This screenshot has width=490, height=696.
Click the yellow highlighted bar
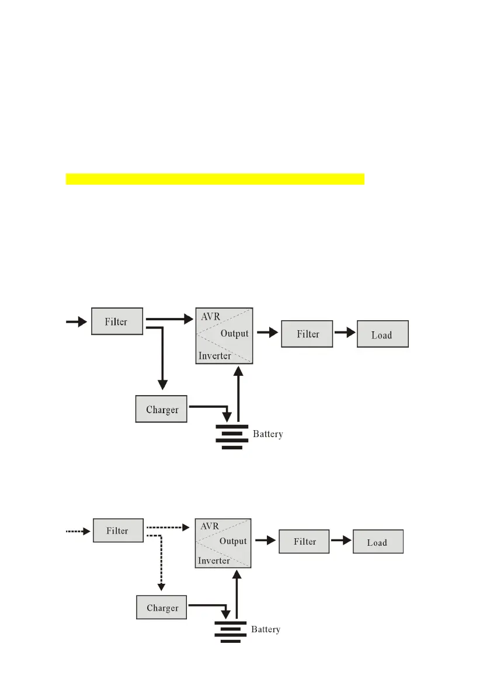coord(215,178)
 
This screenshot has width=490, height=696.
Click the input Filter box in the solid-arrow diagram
coord(117,321)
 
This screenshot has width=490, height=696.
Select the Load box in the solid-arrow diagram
coord(382,335)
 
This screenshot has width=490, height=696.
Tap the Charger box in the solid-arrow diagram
coord(162,409)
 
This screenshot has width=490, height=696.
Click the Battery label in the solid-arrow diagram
coord(268,434)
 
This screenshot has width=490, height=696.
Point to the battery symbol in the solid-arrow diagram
coord(232,437)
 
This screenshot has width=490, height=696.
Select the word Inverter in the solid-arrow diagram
coord(215,356)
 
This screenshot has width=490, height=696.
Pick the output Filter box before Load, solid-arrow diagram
coord(307,334)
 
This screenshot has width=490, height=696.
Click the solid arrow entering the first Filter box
coord(76,321)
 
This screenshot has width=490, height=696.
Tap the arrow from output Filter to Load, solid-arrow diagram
coord(345,333)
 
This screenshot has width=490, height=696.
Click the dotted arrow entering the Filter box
coord(77,531)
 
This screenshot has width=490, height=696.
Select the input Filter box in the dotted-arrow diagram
coord(117,531)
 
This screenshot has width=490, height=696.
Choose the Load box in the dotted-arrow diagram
coord(377,542)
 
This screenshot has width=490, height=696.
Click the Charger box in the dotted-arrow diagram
coord(162,608)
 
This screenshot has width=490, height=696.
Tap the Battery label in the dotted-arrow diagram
coord(266,629)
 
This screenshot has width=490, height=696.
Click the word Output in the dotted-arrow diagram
coord(233,541)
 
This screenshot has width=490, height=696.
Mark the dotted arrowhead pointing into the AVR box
coord(187,527)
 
